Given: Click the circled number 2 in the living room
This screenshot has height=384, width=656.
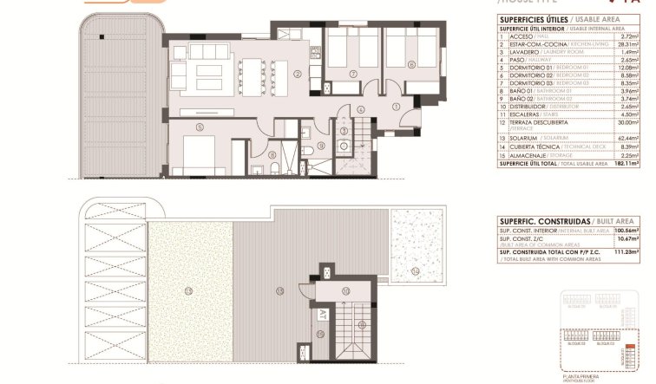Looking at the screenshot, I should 297,75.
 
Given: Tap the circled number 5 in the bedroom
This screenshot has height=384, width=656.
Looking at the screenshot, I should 200,127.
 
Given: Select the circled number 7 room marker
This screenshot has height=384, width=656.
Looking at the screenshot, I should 353,75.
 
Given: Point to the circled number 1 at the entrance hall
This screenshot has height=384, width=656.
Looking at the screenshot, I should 396,106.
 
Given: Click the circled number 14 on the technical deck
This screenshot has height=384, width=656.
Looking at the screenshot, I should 415,271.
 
